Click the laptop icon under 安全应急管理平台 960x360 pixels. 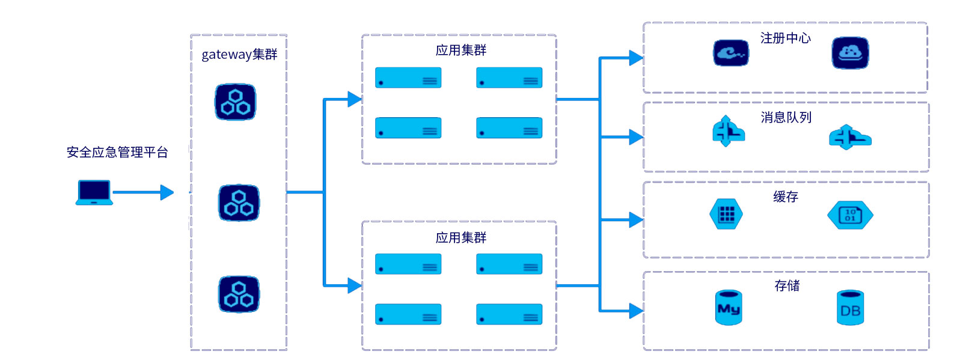[94, 192]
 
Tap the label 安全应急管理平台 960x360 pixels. [117, 152]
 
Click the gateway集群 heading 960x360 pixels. [239, 55]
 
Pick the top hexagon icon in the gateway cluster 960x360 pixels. [235, 102]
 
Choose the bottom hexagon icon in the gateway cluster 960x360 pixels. [239, 294]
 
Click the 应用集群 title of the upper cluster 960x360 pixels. [460, 50]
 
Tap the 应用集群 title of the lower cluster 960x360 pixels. [460, 238]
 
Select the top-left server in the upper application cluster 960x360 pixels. [408, 78]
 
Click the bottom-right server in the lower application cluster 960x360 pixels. [509, 314]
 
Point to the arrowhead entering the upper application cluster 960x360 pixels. [355, 99]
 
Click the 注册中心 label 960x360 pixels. [785, 38]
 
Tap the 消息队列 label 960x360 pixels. [786, 118]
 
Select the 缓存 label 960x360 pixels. [785, 197]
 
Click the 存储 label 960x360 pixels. [787, 286]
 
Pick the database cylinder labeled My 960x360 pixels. [729, 308]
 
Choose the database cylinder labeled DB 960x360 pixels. [850, 308]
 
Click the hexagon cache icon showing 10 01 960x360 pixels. [850, 215]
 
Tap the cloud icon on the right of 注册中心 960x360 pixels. [850, 53]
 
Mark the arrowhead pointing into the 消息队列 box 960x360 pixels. [636, 137]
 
